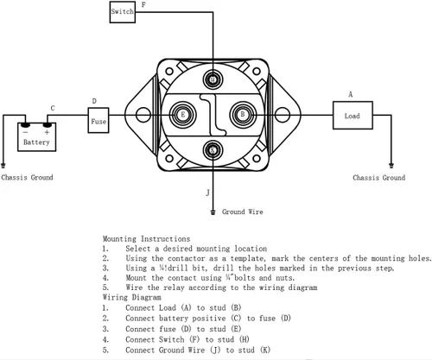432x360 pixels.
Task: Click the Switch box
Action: point(123,12)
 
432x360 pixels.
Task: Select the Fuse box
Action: point(98,120)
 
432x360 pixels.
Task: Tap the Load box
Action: point(353,115)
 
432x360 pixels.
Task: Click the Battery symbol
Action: point(36,136)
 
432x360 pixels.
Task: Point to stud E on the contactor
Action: point(182,115)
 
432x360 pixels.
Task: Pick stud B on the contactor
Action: point(243,115)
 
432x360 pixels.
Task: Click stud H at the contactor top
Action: point(213,79)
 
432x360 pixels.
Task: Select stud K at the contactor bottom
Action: point(213,150)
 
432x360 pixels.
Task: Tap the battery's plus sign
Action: point(47,132)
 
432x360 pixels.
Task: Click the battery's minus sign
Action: point(26,132)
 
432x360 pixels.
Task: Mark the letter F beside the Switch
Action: point(143,4)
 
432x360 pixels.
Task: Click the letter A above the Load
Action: point(351,94)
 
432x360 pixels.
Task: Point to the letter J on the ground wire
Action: point(208,193)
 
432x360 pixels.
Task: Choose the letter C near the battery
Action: point(53,108)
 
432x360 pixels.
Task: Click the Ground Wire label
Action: point(242,212)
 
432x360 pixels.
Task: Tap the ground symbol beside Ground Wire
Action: point(213,212)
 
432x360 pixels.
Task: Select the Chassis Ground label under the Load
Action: point(379,178)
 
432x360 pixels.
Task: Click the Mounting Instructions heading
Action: point(146,239)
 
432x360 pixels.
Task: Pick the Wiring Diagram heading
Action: point(131,297)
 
